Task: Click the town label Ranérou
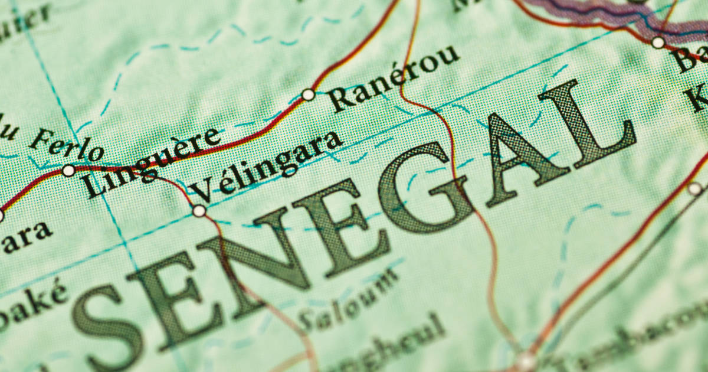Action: tap(394, 79)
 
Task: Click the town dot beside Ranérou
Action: tap(308, 94)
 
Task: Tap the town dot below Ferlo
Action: tap(68, 171)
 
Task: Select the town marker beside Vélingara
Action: tap(199, 211)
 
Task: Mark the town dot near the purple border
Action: tap(658, 42)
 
